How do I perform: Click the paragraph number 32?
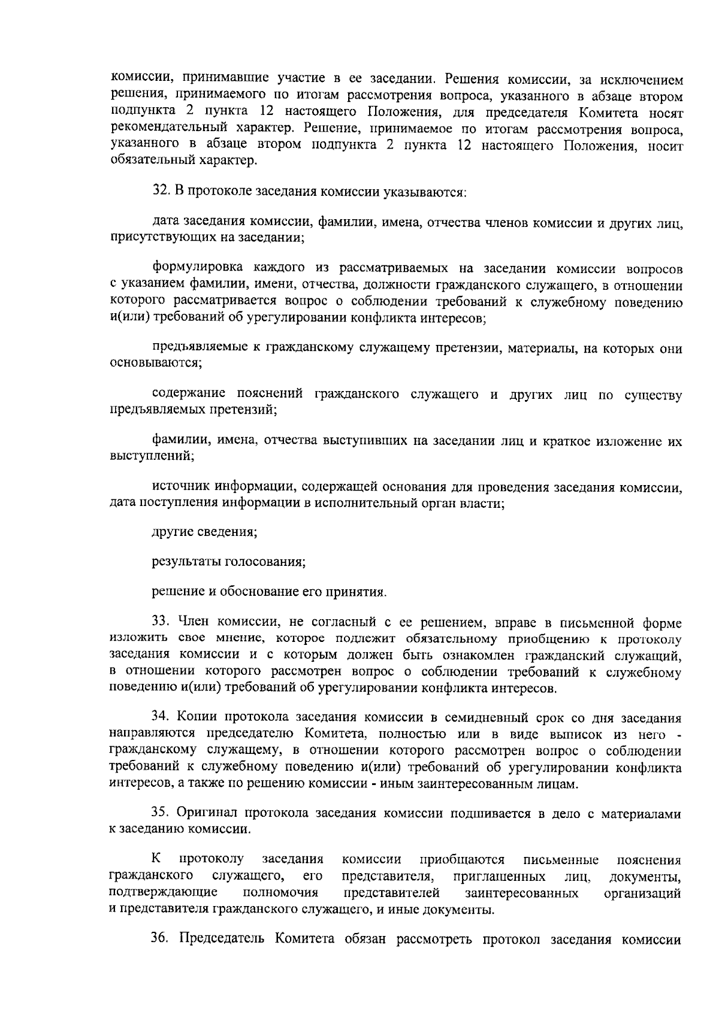[161, 192]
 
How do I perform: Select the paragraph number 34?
[161, 718]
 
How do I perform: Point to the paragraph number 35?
[161, 813]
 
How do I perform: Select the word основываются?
[155, 363]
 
